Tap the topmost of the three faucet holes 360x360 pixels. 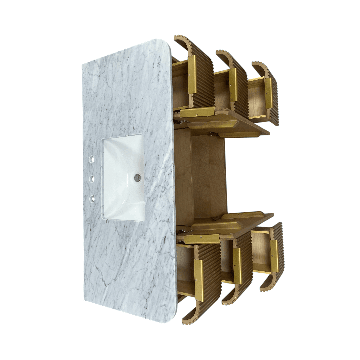click(92, 160)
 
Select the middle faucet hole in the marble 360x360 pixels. click(91, 180)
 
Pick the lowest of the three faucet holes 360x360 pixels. click(91, 199)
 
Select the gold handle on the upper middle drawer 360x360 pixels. click(233, 85)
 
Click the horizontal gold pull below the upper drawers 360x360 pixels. click(198, 112)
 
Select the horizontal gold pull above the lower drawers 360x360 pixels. click(201, 239)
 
